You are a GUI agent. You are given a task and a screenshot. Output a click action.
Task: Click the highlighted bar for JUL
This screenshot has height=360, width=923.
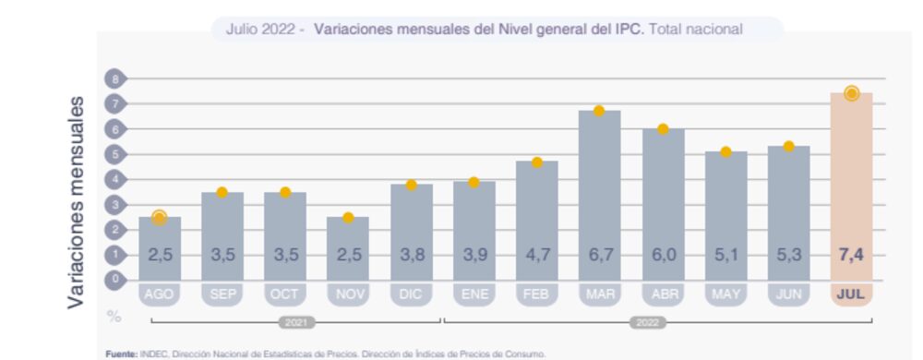(851, 185)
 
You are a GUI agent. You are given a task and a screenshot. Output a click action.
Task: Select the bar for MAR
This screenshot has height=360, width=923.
(599, 194)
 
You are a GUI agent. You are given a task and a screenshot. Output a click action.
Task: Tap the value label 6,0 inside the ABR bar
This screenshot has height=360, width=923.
(663, 255)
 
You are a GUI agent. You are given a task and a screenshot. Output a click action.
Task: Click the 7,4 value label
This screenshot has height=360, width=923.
(851, 255)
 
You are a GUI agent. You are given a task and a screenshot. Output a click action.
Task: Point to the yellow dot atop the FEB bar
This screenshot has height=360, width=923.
(536, 162)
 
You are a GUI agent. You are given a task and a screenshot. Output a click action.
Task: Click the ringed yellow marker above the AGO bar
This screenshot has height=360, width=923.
(159, 218)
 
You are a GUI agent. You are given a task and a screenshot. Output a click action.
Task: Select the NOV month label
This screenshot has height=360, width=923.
(347, 294)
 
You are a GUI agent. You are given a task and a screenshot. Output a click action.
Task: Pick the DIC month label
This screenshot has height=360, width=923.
(411, 294)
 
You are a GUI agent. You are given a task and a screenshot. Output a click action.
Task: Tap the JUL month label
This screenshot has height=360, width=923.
(851, 294)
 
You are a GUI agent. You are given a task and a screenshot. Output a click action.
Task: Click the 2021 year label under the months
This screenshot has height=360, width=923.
(294, 324)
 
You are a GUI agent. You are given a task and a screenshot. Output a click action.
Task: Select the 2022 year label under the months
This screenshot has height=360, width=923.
(647, 324)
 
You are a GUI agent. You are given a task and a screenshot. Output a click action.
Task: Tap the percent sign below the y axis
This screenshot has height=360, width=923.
(114, 316)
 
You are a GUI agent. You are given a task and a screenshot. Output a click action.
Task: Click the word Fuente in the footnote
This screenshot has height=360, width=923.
(121, 354)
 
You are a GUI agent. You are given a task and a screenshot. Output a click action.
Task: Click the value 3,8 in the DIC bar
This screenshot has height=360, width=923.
(411, 255)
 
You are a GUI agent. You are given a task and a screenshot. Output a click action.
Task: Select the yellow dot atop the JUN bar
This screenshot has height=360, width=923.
(788, 146)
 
